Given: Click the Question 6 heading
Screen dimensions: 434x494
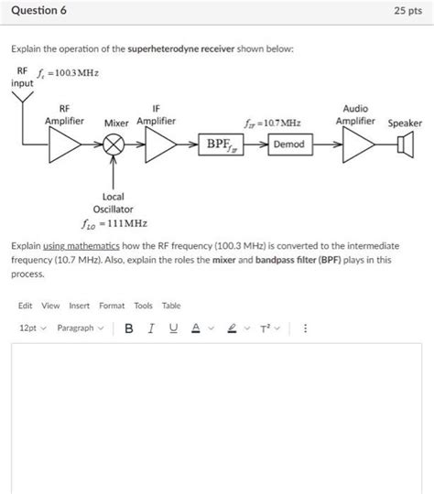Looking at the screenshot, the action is point(39,12).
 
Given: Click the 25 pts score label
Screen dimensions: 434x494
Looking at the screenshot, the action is point(407,12).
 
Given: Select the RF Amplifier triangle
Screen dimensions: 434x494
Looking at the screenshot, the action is point(68,144).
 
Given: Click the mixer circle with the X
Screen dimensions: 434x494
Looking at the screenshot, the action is point(114,144).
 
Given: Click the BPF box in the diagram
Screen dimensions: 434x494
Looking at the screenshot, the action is point(222,144).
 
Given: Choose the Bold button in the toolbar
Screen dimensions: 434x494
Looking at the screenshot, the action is point(129,328).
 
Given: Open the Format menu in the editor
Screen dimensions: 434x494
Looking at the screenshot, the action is point(112,306).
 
